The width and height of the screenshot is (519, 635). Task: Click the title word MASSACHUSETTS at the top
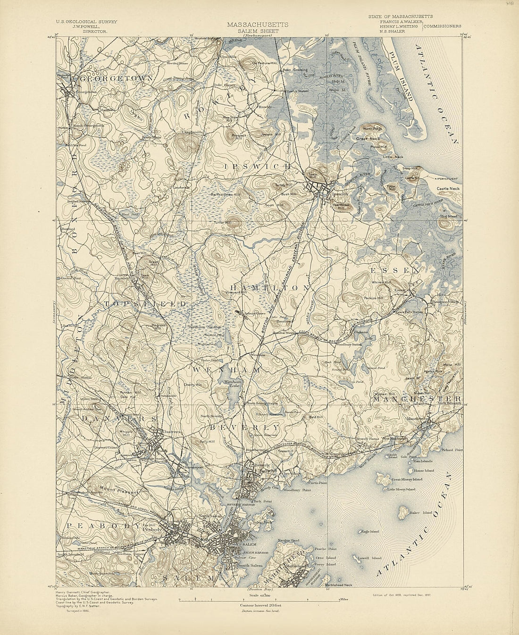(x=258, y=25)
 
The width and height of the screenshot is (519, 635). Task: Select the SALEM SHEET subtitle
(x=258, y=31)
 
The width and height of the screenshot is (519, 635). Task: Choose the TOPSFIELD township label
(x=145, y=304)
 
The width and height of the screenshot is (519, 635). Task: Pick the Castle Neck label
(x=448, y=189)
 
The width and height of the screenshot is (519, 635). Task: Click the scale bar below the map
(x=258, y=600)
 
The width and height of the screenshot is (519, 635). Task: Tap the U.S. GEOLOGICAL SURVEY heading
(x=86, y=22)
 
